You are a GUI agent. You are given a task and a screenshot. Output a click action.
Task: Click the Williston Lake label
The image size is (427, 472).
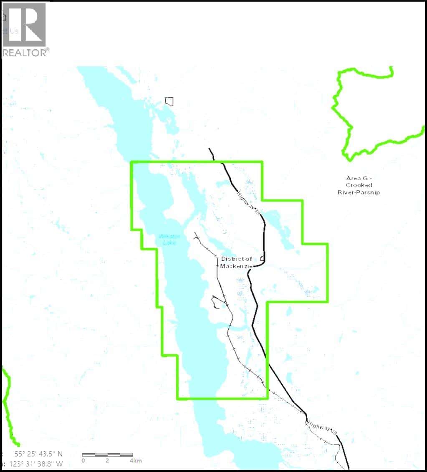click(168, 239)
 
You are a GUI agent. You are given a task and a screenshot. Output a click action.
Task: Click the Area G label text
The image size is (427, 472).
click(359, 178)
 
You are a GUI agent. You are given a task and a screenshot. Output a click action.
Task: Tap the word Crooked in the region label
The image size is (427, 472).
click(359, 185)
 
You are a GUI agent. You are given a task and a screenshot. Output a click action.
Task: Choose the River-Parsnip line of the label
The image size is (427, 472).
click(359, 192)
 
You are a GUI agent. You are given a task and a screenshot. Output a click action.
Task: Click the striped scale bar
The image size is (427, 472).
click(107, 454)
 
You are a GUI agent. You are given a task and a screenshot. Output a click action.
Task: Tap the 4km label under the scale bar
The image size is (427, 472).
click(136, 461)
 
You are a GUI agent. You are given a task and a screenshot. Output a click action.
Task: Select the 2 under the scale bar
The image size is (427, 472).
click(107, 461)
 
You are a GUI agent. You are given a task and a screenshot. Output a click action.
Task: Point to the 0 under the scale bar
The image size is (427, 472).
click(83, 461)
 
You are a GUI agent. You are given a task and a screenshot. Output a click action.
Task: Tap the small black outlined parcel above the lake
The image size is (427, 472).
click(169, 101)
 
